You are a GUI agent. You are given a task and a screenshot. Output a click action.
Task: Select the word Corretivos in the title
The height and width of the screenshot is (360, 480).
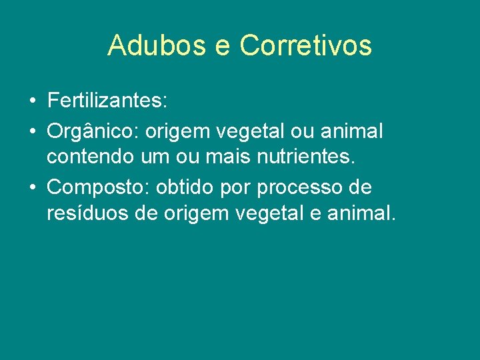click(305, 45)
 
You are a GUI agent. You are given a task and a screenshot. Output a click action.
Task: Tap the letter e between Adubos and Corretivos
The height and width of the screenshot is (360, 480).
click(224, 47)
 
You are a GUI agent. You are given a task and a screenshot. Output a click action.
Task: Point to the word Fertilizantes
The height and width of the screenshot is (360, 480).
click(107, 102)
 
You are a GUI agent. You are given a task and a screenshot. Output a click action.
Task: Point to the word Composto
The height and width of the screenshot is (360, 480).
click(98, 189)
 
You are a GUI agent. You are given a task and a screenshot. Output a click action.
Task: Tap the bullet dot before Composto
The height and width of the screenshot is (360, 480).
click(32, 188)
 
